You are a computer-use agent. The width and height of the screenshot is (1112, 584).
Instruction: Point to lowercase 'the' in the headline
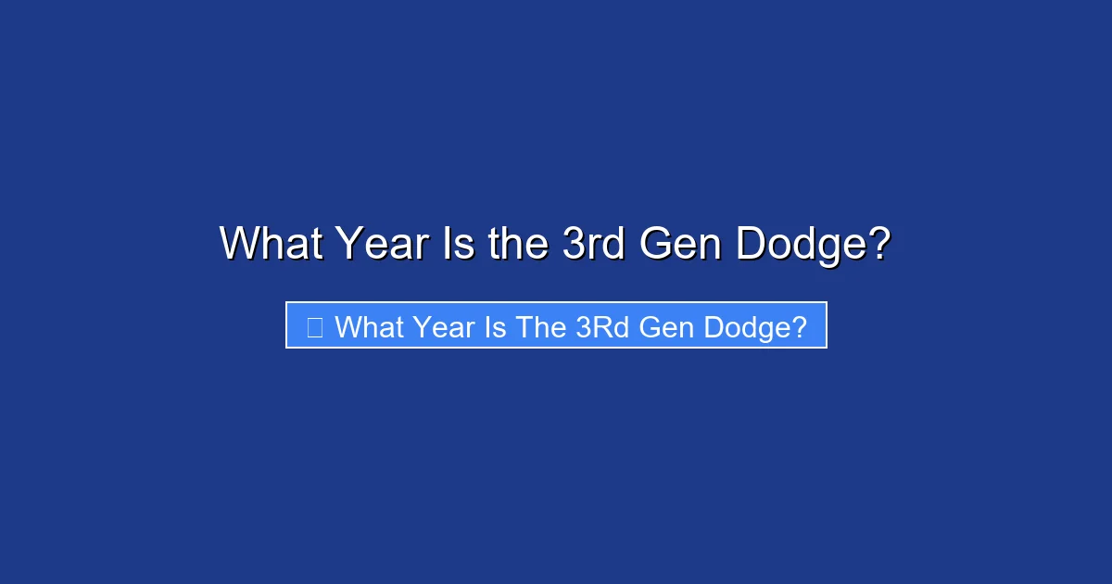point(523,244)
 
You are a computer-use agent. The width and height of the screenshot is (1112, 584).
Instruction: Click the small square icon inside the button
point(315,326)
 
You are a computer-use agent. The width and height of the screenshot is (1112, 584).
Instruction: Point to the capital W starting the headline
point(238,244)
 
